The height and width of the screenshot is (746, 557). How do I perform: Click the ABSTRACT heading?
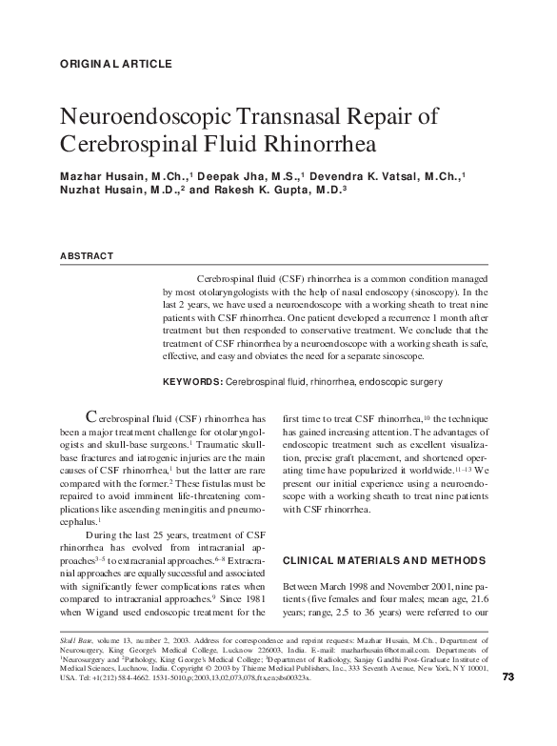[87, 256]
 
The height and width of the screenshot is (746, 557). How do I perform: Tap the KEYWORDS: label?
[192, 382]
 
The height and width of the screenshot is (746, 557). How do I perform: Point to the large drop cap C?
[91, 416]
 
